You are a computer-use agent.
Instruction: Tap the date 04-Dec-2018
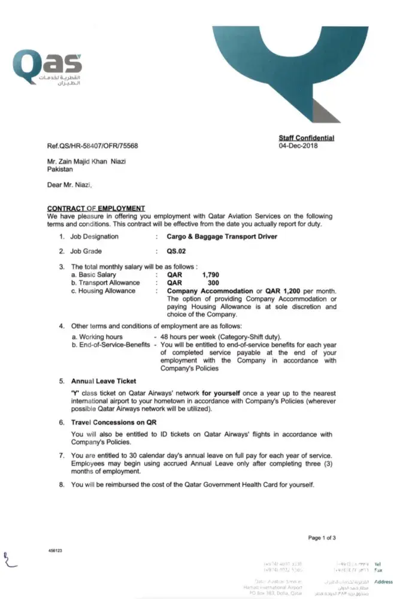[298, 146]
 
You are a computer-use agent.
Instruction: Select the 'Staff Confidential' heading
[306, 138]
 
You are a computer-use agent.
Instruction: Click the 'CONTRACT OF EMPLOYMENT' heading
[96, 208]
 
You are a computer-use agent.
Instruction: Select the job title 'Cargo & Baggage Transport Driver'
[222, 237]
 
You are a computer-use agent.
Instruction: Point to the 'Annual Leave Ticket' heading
[104, 381]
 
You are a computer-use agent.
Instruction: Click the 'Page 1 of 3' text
[322, 538]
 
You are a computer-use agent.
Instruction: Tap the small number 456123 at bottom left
[55, 550]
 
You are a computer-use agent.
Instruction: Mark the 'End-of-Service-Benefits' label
[111, 345]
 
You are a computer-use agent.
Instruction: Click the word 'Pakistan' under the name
[60, 170]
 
